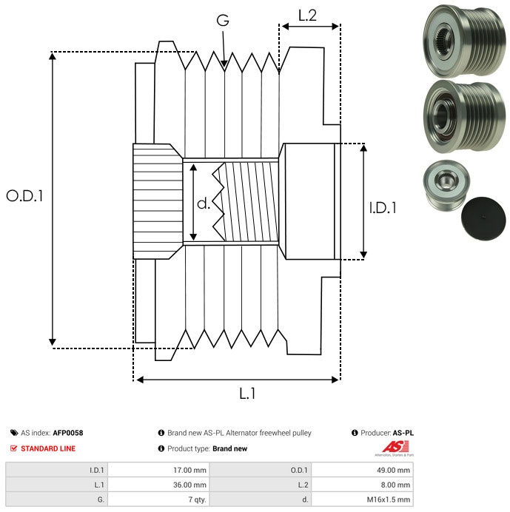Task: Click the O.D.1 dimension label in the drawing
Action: [24, 197]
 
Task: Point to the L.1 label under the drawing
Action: [247, 394]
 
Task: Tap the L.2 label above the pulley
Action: [307, 14]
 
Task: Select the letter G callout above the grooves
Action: [221, 21]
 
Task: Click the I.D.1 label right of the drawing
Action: [383, 209]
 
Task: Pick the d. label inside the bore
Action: [203, 203]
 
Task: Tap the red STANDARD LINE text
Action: [48, 448]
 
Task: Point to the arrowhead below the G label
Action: [224, 64]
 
